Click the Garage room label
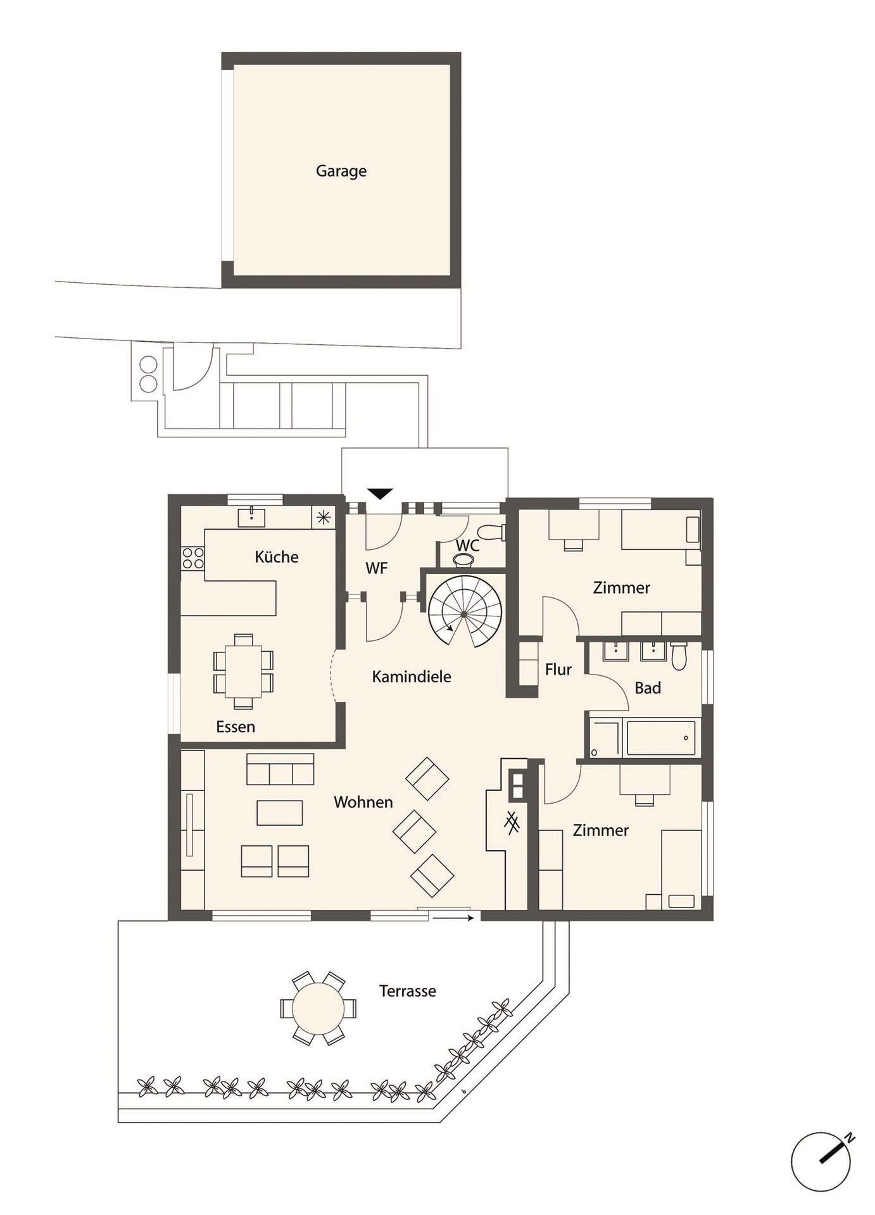coord(341,171)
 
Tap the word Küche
coord(277,557)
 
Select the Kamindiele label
coord(412,676)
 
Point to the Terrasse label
coord(408,991)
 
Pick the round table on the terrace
coord(318,1008)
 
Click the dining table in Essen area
coord(244,671)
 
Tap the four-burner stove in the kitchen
coord(193,558)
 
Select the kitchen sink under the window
coord(251,516)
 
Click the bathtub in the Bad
coord(661,738)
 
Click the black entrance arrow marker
coord(380,494)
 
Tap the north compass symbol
coord(822,1161)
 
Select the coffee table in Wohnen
coord(279,813)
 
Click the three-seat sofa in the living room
coord(280,769)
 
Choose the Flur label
coord(558,670)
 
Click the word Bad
coord(648,688)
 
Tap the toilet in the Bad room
coord(679,656)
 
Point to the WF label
coord(376,568)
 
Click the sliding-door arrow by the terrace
coord(453,917)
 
